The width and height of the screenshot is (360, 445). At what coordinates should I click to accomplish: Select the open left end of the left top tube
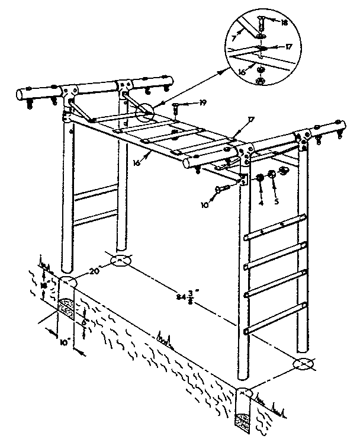21,95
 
